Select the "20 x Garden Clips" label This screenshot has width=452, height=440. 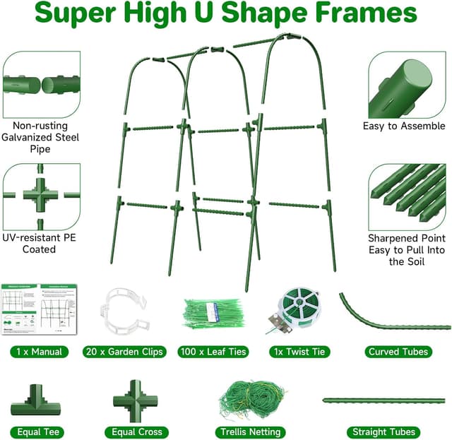pos(124,351)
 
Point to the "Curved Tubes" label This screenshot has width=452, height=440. pos(398,351)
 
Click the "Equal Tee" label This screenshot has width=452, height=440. pos(35,432)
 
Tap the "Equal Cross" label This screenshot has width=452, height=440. pos(137,432)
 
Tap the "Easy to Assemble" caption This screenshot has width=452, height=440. pos(404,126)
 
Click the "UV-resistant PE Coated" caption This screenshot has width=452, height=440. pos(40,244)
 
